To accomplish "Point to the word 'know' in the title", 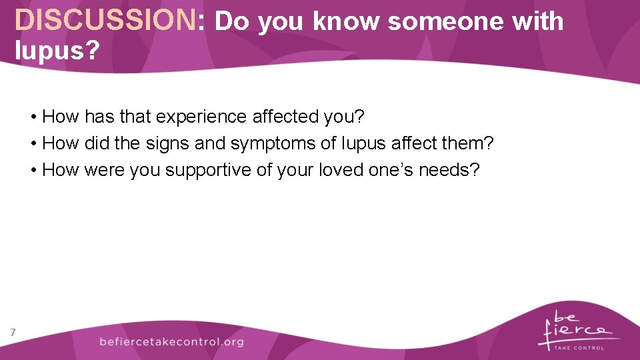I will coord(346,21).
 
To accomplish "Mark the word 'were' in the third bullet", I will coord(105,170).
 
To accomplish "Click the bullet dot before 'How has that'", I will coord(33,117).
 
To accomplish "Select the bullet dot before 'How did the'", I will coord(33,144).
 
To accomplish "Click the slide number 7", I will coord(13,332).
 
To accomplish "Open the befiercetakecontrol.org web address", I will coord(171,341).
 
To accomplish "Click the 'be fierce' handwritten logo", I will coord(574,325).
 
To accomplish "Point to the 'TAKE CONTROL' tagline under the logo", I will coord(581,347).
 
